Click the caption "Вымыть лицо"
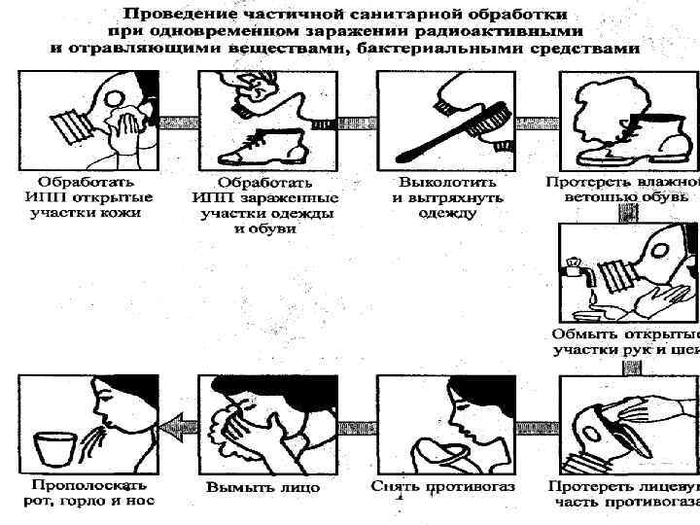point(262,486)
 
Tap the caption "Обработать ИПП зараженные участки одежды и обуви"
point(264,206)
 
